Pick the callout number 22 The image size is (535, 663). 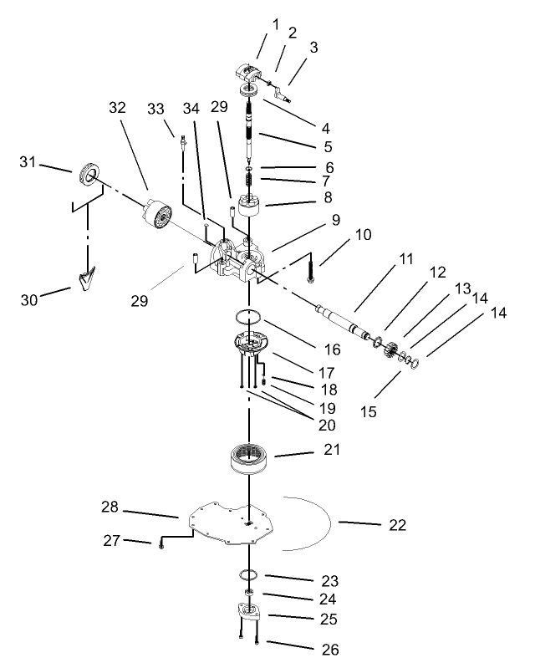tap(396, 525)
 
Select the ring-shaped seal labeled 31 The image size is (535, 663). tap(88, 174)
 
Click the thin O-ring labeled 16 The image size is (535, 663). tap(247, 317)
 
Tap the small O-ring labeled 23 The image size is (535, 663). tap(247, 575)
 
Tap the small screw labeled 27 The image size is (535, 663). tap(160, 544)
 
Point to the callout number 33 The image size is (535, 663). tap(155, 108)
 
